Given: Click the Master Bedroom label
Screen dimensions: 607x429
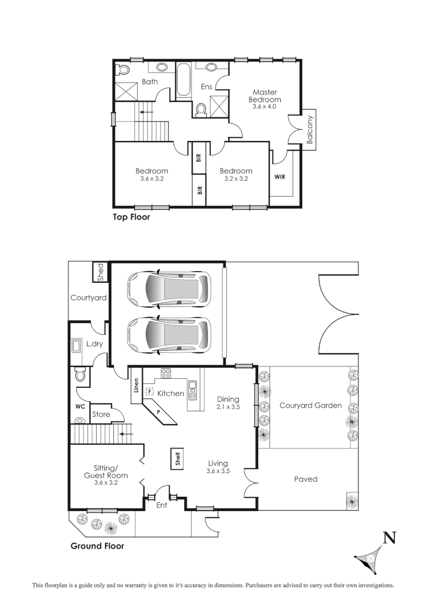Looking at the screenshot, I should tap(265, 96).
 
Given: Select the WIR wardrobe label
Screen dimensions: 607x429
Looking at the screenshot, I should tap(280, 176).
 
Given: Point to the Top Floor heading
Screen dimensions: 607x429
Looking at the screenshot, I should tap(132, 217).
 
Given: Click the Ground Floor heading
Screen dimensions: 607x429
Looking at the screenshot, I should tap(97, 546).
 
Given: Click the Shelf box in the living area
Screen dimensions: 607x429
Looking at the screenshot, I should tap(177, 459).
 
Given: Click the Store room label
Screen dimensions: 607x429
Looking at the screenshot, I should tap(101, 415).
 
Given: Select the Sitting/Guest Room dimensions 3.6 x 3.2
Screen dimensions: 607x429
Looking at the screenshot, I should tap(106, 483).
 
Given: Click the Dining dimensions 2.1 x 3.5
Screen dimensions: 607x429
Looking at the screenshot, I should tap(228, 407).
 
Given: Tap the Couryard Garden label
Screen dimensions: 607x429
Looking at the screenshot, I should tap(311, 405).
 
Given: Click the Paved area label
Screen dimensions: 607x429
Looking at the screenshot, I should tap(306, 479).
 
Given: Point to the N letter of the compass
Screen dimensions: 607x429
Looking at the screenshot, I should tap(389, 538).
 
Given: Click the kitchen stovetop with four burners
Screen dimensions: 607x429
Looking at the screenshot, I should tap(166, 373).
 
